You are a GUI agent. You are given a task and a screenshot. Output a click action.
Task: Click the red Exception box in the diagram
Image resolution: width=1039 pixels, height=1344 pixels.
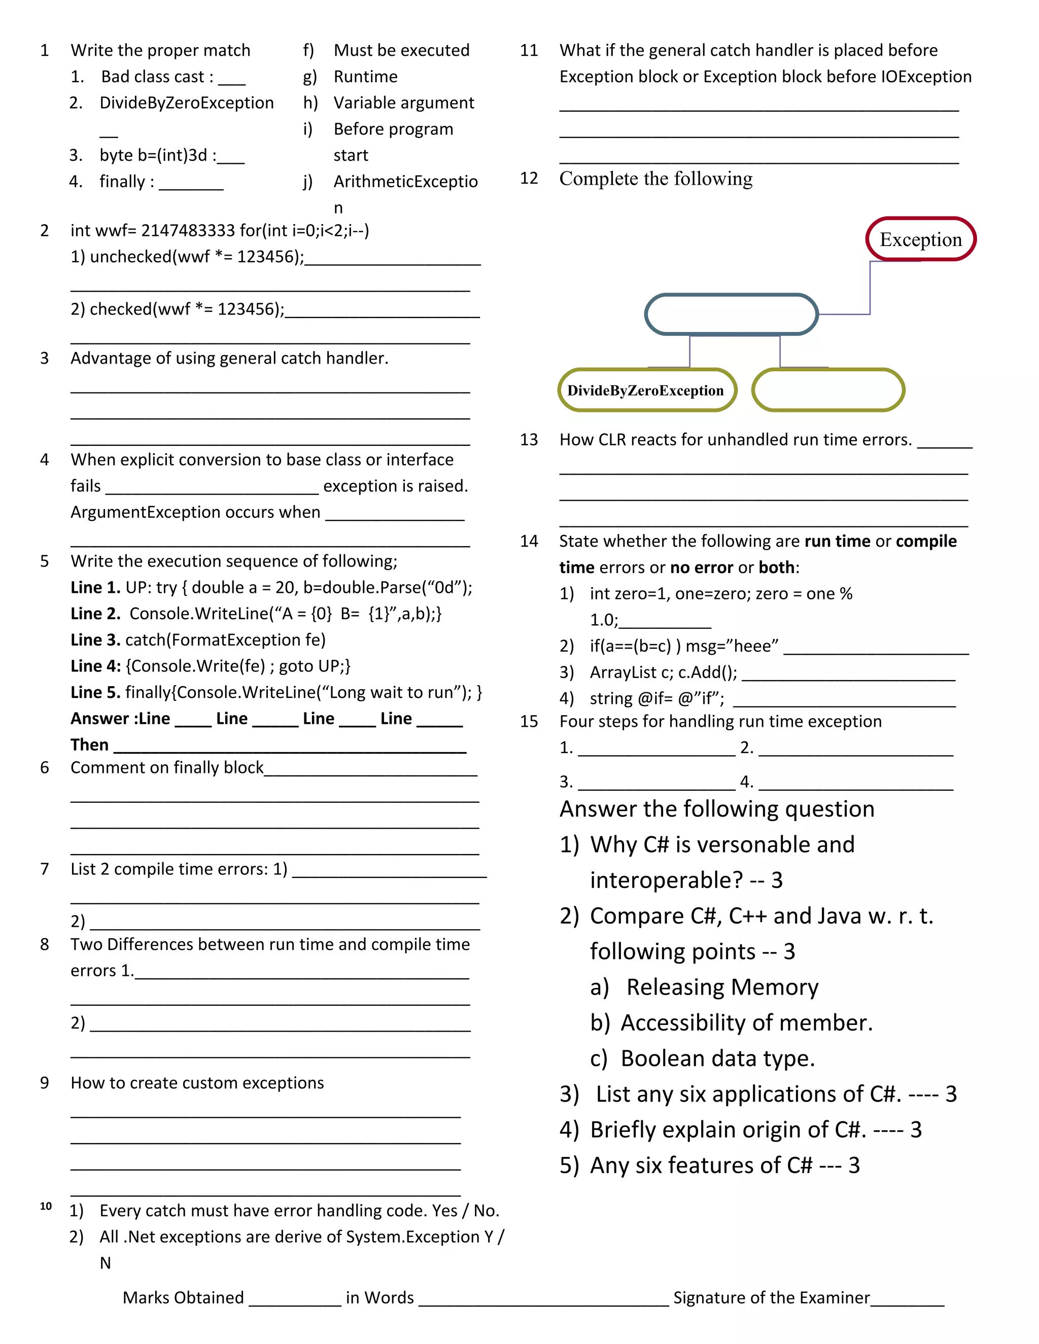point(920,239)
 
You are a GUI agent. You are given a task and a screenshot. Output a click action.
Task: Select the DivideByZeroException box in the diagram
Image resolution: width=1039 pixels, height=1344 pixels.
point(646,390)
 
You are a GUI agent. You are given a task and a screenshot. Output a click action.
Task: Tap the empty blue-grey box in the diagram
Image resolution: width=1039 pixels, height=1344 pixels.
point(731,314)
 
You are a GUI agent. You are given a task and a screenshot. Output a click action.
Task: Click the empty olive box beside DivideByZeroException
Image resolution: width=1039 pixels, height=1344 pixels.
point(828,390)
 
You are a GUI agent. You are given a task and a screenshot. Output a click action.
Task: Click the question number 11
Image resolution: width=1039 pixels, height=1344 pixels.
point(529,50)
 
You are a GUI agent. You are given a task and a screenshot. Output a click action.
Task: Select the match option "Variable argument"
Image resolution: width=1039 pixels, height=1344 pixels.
point(403,103)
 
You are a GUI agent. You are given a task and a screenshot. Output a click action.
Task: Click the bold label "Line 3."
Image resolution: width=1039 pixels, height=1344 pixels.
point(95,640)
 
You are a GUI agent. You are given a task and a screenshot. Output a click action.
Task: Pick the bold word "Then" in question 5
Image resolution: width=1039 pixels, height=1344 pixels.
point(89,745)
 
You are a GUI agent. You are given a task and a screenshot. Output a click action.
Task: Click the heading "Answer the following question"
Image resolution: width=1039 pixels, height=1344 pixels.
point(716,808)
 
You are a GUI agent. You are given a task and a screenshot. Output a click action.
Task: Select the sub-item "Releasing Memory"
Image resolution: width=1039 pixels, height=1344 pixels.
point(722,987)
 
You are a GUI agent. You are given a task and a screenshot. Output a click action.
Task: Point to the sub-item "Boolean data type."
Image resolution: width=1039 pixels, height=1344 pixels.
point(717,1058)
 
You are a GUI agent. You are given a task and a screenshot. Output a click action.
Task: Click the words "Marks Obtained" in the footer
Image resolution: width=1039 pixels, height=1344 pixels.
point(184,1297)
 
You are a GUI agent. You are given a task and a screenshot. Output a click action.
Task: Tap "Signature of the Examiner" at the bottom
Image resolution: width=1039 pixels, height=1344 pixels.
point(771,1297)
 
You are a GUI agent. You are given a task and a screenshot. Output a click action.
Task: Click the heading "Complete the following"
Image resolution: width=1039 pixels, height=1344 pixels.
point(655,179)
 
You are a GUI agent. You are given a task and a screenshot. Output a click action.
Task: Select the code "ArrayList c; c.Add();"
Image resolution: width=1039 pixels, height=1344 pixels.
point(663,672)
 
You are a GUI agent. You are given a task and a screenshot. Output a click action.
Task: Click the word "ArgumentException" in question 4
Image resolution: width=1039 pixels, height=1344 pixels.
point(144,512)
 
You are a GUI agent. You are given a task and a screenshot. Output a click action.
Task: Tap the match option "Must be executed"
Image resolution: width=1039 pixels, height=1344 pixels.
point(401,50)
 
